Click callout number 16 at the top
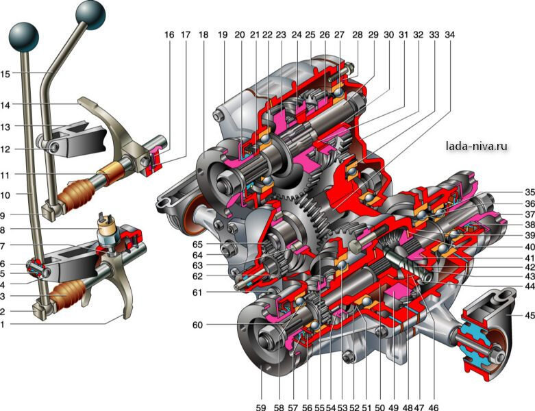[x=169, y=34]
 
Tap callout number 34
[x=449, y=34]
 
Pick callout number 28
[x=356, y=34]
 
